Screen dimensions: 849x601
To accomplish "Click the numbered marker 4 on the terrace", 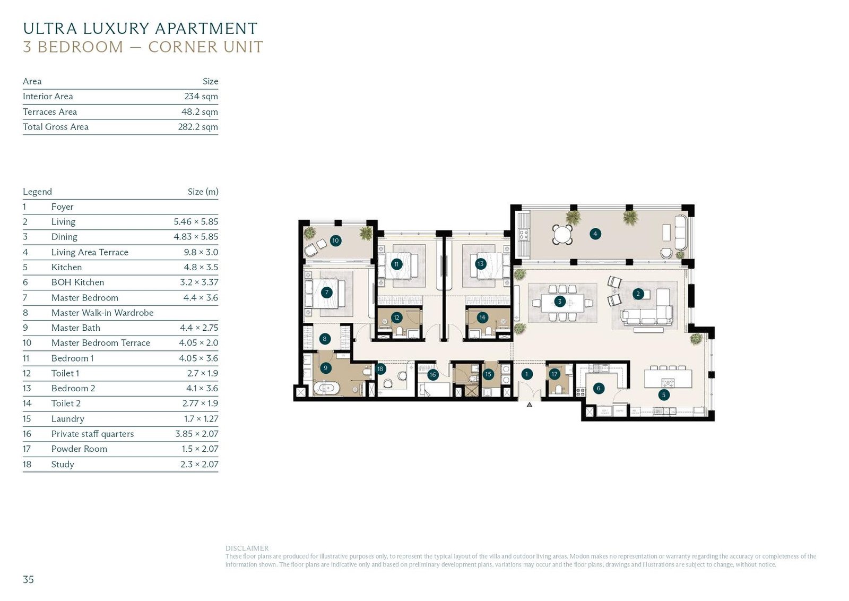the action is (x=595, y=234).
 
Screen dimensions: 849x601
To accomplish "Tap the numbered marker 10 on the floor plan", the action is (x=335, y=241).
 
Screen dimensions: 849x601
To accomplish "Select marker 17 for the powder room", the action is (x=555, y=374).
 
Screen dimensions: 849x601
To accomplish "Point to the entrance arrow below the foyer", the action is (x=530, y=405).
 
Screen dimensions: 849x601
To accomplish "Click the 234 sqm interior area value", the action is (x=201, y=96).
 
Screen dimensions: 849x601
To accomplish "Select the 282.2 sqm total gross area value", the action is (x=198, y=127).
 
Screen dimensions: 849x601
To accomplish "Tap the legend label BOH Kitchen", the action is (x=77, y=282).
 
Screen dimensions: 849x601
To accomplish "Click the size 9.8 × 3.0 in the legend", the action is (x=201, y=252).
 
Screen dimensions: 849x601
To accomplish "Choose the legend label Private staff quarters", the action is (x=92, y=434).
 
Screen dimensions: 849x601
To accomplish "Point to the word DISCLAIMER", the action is (x=247, y=548).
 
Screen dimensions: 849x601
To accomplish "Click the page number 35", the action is (x=29, y=579).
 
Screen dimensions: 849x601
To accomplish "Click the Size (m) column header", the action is (x=203, y=192).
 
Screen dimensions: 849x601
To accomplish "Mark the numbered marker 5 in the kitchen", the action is (x=664, y=394).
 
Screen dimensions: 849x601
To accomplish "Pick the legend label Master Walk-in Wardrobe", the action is (x=102, y=313).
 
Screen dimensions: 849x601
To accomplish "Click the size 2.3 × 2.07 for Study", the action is (x=200, y=464).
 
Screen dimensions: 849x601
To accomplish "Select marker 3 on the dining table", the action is (x=559, y=302).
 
